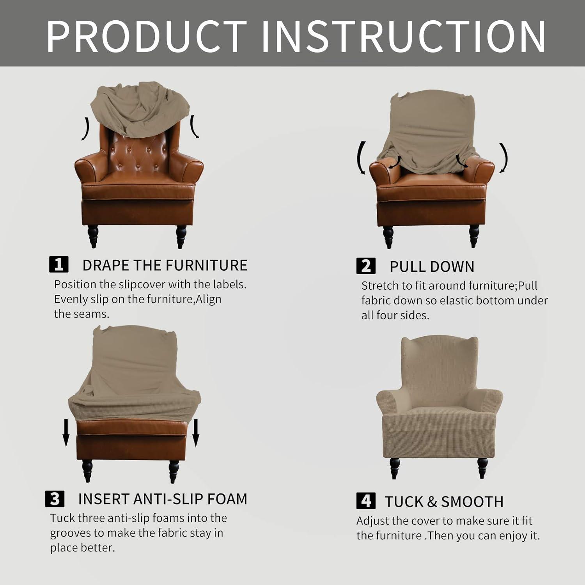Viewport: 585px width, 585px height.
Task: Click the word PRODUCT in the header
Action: (147, 36)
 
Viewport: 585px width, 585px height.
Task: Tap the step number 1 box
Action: (59, 264)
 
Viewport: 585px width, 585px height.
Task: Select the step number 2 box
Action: (366, 266)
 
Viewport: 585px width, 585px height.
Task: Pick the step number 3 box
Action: (55, 498)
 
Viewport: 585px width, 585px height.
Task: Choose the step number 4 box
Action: (366, 501)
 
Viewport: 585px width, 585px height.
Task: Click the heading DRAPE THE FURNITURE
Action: (165, 265)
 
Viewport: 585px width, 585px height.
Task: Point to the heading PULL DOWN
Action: (432, 267)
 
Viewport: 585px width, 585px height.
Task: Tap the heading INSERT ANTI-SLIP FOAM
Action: (163, 499)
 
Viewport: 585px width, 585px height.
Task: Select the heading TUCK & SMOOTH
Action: (444, 502)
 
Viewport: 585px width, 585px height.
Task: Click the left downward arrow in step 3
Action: (66, 433)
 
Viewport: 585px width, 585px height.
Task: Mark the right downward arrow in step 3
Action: (196, 433)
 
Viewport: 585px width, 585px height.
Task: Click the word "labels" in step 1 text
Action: (229, 284)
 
